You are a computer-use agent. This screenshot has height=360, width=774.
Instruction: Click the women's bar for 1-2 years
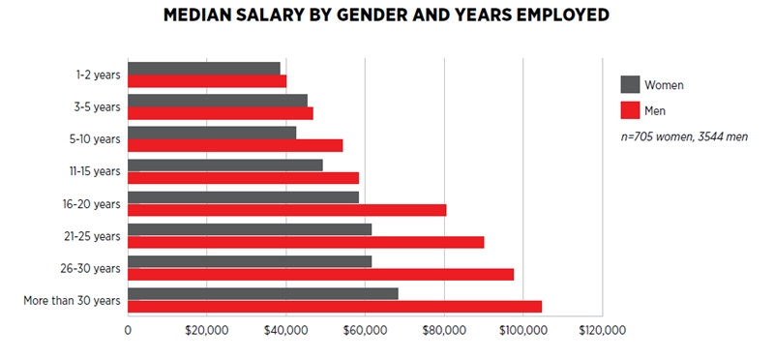click(x=203, y=69)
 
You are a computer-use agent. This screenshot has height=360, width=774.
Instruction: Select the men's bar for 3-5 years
click(x=220, y=113)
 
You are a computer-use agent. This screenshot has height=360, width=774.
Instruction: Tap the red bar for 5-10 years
click(x=235, y=145)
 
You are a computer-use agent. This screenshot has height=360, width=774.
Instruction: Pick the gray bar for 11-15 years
click(x=224, y=165)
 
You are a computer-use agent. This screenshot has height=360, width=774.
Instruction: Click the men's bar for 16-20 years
click(x=286, y=210)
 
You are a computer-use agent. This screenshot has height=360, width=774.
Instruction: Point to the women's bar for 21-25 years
click(x=249, y=229)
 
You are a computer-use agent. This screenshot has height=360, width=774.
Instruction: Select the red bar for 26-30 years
click(x=320, y=274)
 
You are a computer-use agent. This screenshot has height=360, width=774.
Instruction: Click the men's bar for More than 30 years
click(x=334, y=307)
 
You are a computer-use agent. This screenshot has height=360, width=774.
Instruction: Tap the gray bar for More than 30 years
click(x=262, y=293)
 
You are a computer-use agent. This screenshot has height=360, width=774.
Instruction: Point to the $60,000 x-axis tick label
click(x=365, y=330)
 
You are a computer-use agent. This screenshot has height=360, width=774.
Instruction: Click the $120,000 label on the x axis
click(x=602, y=330)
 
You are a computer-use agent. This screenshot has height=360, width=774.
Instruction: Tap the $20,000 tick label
click(x=206, y=330)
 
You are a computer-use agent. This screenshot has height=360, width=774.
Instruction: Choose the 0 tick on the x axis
click(x=128, y=330)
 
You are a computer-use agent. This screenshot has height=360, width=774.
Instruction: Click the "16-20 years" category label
click(x=91, y=203)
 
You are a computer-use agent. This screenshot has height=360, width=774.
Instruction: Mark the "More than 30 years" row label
click(x=72, y=300)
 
